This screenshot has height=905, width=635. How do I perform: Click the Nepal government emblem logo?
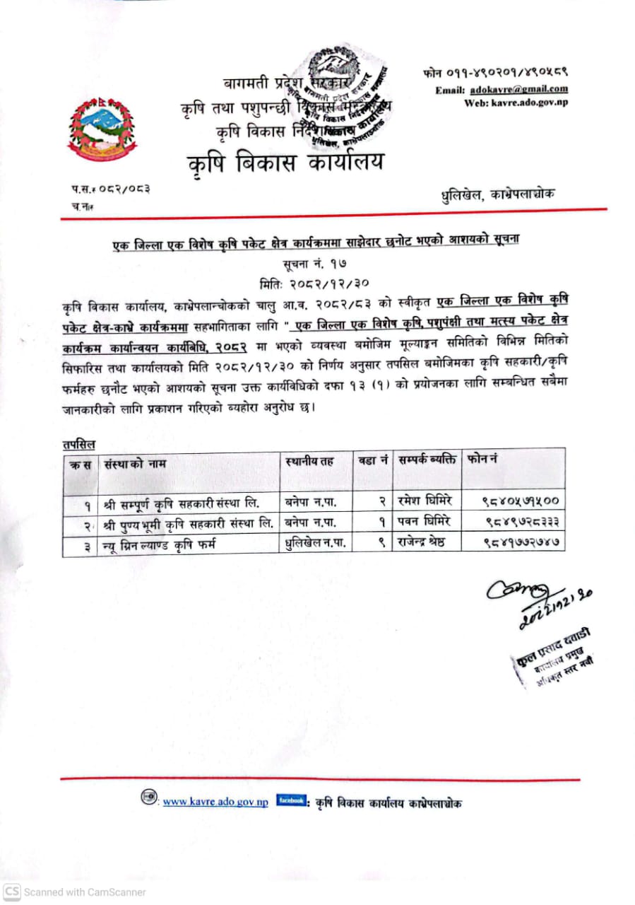[102, 128]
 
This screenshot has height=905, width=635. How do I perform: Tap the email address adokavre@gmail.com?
[521, 90]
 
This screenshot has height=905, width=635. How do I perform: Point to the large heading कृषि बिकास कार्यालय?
[286, 163]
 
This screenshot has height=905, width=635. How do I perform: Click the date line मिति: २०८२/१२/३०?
[315, 281]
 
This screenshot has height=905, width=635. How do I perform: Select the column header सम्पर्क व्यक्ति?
[427, 460]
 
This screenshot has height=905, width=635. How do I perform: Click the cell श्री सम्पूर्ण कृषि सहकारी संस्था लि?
[181, 503]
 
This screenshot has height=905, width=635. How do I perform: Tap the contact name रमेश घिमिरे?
[425, 501]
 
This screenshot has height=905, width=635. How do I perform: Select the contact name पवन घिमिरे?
[424, 522]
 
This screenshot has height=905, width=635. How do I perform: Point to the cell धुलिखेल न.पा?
[315, 543]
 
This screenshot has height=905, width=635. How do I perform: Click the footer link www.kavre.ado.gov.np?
[215, 802]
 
